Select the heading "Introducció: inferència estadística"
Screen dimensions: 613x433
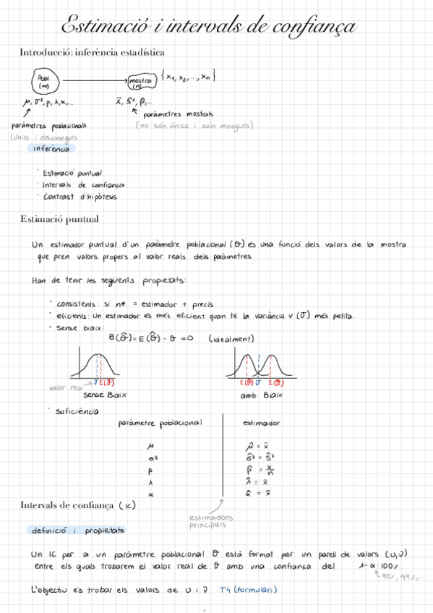92,52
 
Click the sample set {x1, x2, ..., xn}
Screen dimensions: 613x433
189,76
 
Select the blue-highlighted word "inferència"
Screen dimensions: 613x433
51,149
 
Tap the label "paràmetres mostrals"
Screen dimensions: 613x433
178,114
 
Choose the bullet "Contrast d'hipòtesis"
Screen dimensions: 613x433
80,197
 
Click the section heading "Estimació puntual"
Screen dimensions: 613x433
59,219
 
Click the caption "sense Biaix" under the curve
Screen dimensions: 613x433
104,395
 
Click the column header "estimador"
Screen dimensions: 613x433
262,423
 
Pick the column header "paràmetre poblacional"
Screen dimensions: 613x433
160,423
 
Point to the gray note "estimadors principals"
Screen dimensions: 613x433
210,521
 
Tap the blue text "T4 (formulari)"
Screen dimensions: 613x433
249,590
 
